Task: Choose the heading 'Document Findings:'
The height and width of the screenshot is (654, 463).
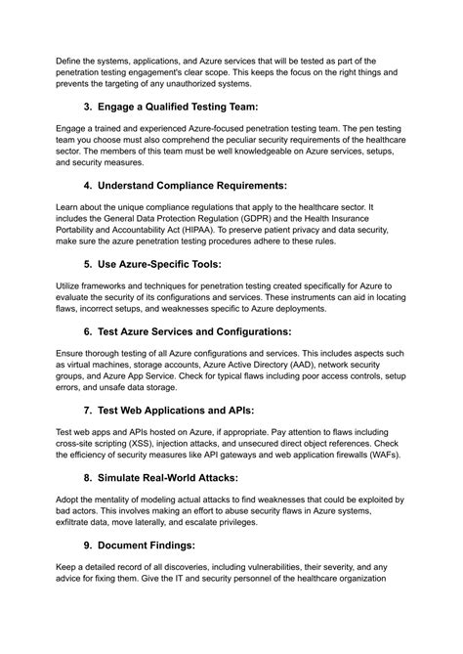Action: coord(157,555)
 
